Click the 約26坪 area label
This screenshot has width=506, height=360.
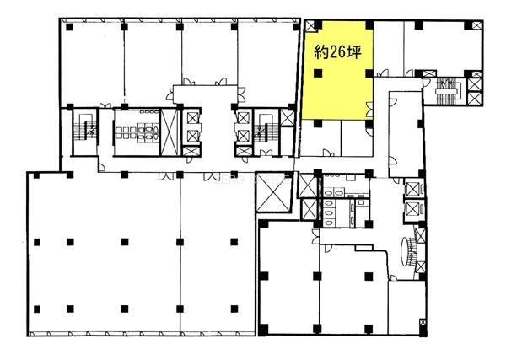[x=337, y=52]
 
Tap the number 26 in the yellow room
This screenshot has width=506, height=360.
[x=336, y=52]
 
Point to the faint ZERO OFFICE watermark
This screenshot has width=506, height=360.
[x=252, y=179]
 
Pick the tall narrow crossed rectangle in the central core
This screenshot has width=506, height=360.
[x=170, y=132]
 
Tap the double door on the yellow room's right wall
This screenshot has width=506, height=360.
[x=370, y=110]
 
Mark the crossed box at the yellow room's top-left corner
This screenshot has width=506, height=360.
[x=310, y=26]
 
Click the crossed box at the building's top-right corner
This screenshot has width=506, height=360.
[x=476, y=25]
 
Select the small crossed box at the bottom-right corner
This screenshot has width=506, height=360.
[x=423, y=323]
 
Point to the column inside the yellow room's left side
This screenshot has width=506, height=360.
[x=318, y=73]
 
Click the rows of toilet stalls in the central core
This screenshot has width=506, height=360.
[x=137, y=132]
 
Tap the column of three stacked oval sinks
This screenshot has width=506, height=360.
[x=330, y=213]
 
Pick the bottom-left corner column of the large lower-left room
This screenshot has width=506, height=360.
[x=36, y=309]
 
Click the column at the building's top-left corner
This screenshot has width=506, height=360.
[x=69, y=27]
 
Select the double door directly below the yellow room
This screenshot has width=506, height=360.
[x=330, y=153]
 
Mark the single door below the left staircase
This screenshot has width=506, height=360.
[x=101, y=167]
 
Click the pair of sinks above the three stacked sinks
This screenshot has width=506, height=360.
[x=334, y=192]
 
